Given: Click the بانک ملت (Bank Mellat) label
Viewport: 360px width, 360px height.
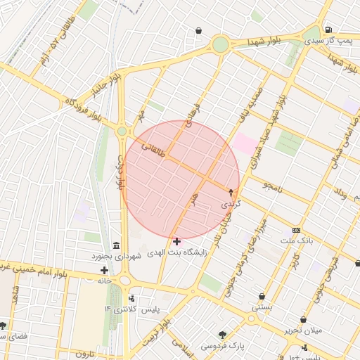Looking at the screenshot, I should coord(295,241).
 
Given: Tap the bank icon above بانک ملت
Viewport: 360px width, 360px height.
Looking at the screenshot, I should coord(296,231).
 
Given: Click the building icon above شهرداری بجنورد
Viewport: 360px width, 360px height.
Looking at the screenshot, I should coord(115,245).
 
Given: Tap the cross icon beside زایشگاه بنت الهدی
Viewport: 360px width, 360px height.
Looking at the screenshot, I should coord(176,242).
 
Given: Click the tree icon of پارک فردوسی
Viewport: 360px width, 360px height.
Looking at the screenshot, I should coord(223,335).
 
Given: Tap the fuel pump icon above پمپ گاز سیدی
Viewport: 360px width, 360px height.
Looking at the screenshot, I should coord(328,30).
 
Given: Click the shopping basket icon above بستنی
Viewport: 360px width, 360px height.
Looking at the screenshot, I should coord(262,297).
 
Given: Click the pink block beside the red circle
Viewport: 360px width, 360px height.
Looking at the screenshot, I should coord(245,143).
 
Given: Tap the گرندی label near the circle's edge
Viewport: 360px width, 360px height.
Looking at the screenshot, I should coord(231,203).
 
